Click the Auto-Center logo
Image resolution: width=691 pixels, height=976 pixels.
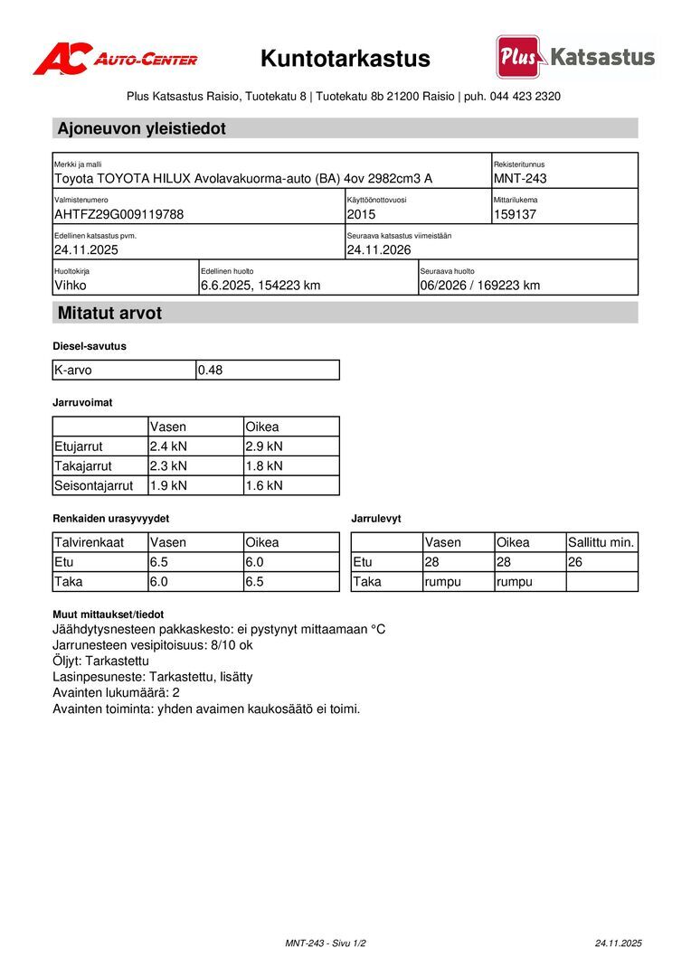115,59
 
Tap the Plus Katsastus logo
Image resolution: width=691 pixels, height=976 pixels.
575,57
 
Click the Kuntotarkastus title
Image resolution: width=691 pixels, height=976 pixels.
345,59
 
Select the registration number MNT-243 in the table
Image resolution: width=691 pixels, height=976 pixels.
520,178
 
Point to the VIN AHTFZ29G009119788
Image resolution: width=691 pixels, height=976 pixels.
118,214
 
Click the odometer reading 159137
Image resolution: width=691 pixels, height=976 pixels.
516,214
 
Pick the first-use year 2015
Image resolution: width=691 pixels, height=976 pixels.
361,214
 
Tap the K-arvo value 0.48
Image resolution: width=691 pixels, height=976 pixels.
211,370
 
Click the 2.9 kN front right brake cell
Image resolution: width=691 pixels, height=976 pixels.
264,446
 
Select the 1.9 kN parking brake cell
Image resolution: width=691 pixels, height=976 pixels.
168,485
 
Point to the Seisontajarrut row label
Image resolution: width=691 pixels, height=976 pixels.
94,485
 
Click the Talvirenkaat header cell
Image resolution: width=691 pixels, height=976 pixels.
90,542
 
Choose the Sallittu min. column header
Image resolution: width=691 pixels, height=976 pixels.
601,542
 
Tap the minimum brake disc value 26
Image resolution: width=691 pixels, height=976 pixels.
576,562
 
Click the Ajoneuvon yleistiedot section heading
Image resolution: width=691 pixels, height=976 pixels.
142,128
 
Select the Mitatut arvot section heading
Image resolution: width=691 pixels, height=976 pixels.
109,314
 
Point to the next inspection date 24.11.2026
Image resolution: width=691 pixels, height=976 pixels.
379,249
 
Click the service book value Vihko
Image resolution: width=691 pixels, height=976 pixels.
71,286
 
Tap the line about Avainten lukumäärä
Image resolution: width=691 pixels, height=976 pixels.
116,692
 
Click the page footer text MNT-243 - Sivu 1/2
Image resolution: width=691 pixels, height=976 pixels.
326,943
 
